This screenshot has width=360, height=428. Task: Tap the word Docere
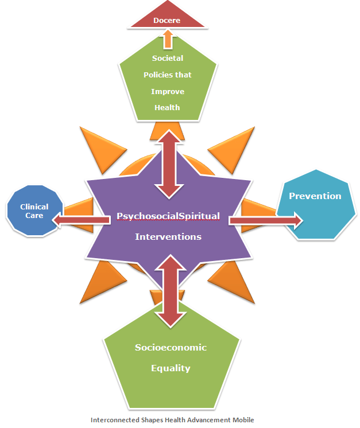167,20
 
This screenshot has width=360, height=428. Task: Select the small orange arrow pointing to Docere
168,39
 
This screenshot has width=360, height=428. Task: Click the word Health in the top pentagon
167,107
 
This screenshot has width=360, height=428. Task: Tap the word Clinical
34,207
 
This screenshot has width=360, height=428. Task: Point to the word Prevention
315,196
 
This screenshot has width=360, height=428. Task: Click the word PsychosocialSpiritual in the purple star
168,216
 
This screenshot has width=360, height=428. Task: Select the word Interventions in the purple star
168,236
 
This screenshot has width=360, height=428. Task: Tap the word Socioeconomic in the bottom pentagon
171,347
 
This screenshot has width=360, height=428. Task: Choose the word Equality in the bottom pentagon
171,368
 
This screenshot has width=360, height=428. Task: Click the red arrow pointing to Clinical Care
80,219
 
